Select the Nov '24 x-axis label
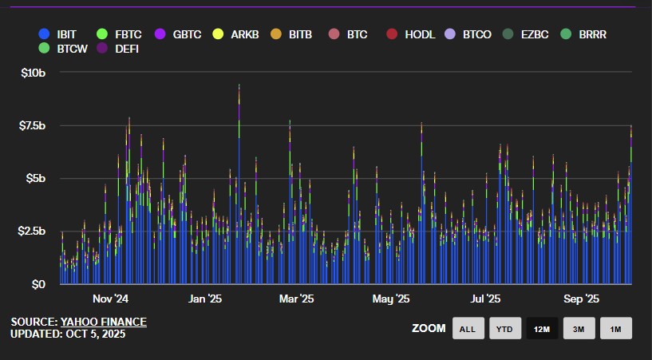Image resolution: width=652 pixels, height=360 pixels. tap(110, 299)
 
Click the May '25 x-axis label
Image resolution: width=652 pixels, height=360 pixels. tap(391, 299)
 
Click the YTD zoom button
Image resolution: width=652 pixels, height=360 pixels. tap(504, 328)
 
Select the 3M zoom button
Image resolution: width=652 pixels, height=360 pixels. tap(579, 328)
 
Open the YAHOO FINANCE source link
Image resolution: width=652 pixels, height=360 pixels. tap(103, 322)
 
